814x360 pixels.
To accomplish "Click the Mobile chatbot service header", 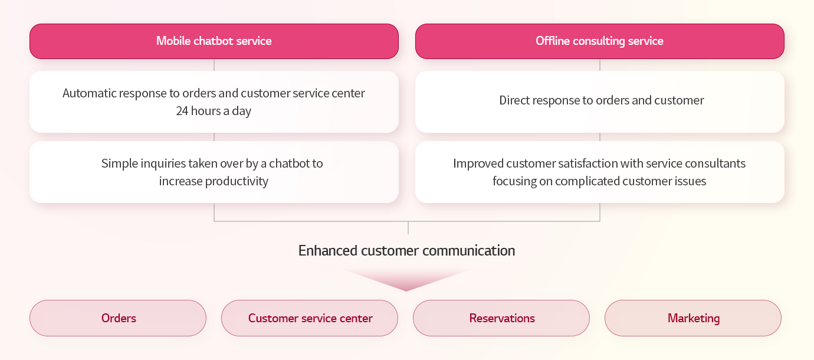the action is click(214, 41).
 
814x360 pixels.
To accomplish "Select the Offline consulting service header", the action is click(600, 41).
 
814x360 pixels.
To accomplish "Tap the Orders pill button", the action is click(118, 318).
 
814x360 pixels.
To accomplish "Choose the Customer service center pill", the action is click(310, 318).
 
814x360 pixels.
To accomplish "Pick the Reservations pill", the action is click(501, 318).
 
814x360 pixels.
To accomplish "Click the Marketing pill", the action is click(693, 318).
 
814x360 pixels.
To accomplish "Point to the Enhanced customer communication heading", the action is click(406, 251).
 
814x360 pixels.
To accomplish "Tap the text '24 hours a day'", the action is click(214, 111).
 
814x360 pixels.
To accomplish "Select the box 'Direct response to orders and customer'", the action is click(600, 102).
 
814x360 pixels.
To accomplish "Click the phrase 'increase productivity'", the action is click(214, 181).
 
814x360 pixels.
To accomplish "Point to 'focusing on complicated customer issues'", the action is click(599, 181).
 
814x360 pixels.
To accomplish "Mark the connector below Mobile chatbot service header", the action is click(214, 65).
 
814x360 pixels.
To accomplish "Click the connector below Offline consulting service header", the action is click(600, 65).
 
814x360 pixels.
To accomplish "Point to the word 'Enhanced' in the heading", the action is click(328, 251).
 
